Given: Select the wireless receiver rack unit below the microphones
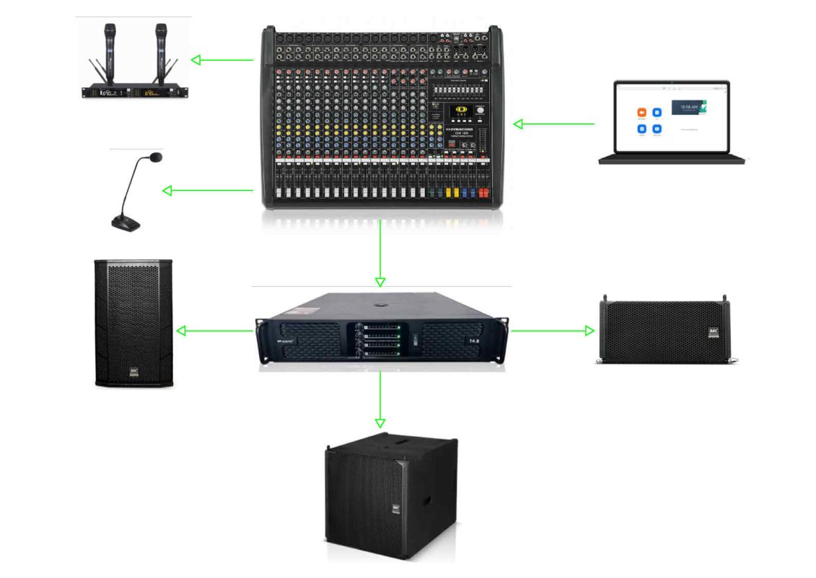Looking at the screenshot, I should pos(136,92).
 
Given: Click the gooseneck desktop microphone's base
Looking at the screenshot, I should pos(125,223).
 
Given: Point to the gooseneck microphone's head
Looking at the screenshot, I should pos(154,156).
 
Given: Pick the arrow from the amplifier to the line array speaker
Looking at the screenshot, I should pos(553,331).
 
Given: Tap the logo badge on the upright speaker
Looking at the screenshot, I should pos(133,372).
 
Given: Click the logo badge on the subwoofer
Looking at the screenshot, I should pos(396,509).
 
